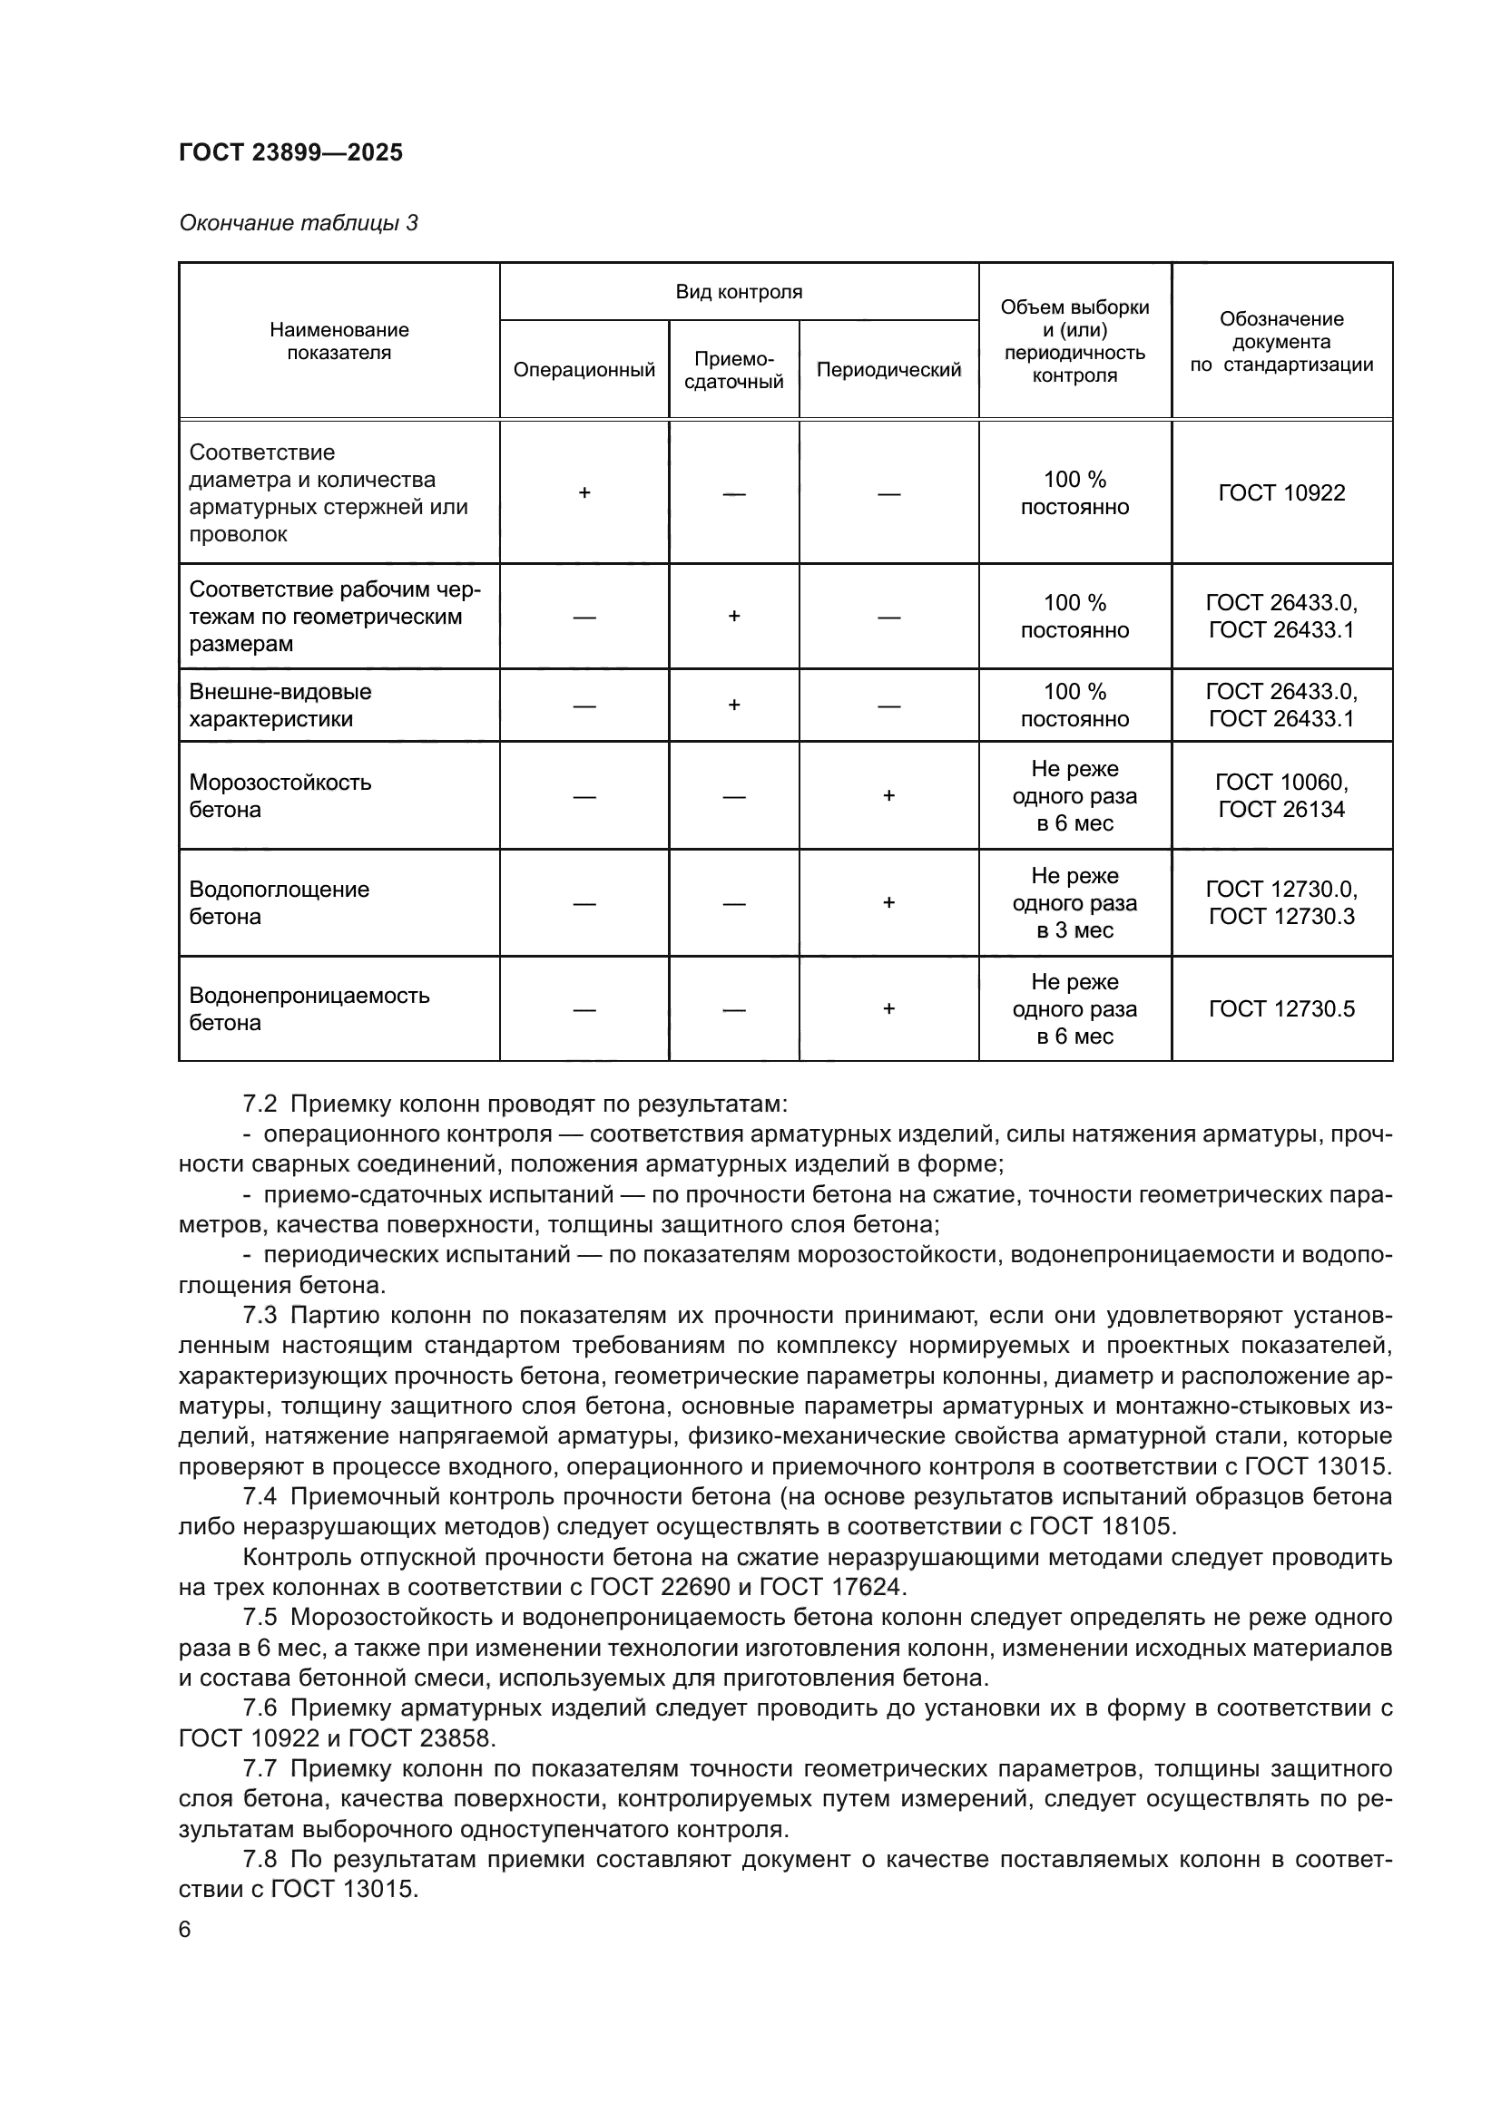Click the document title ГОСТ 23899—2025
coord(290,152)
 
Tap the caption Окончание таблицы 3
coord(298,223)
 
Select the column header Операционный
coord(584,369)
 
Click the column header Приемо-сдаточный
coord(733,369)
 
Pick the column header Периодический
coord(888,369)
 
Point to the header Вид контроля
coord(739,292)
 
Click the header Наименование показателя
coord(338,341)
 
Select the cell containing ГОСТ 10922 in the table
coord(1281,492)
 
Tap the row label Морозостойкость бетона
coord(280,795)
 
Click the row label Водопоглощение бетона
coord(279,902)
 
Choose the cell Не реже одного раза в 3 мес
coord(1074,902)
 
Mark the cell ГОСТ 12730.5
coord(1281,1008)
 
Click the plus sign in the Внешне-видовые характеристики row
coord(734,705)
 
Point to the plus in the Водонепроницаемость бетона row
coord(888,1008)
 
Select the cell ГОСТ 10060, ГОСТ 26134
coord(1281,795)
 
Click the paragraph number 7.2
coord(260,1104)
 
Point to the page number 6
coord(185,1930)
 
